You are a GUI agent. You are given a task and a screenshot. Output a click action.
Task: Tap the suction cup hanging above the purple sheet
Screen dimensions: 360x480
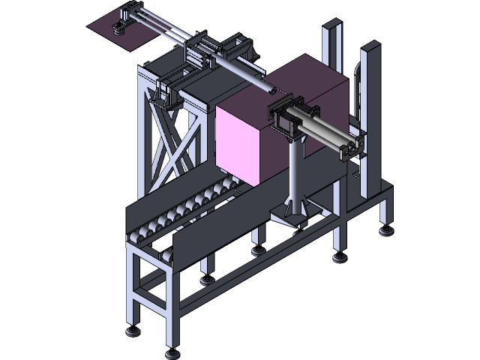coord(118,30)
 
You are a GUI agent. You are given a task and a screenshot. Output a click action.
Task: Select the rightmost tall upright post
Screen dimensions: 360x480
coord(370,112)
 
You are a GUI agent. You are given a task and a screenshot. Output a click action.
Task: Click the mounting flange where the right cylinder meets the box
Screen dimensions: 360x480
coord(282,117)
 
